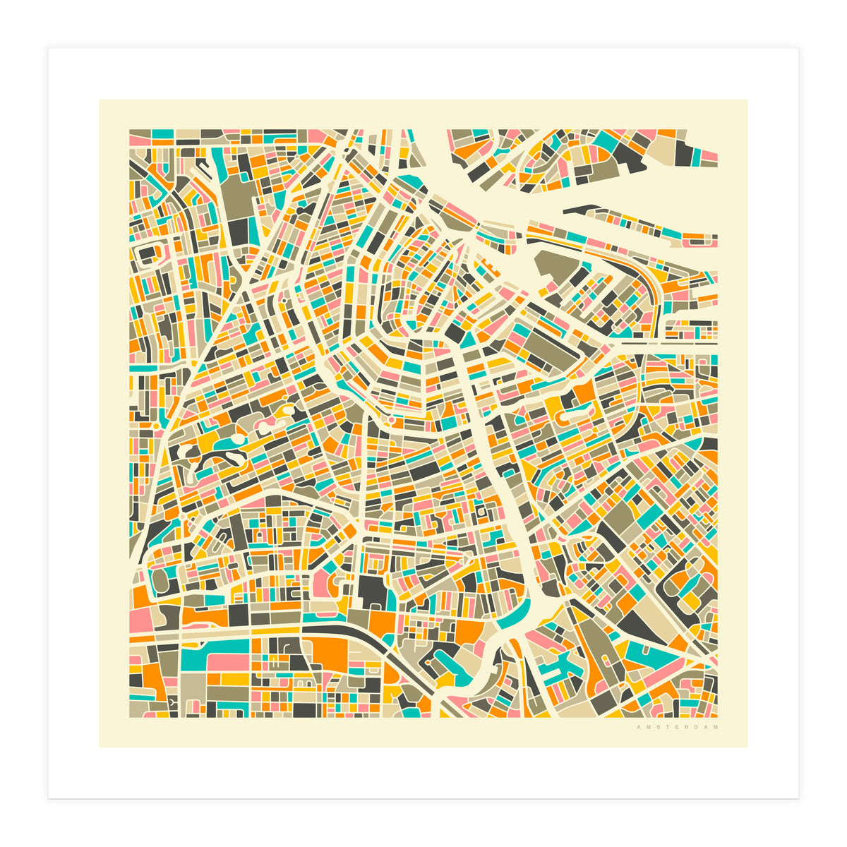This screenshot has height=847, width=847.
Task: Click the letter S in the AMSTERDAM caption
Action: click(654, 727)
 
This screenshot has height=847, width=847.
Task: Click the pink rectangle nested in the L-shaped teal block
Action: click(227, 662)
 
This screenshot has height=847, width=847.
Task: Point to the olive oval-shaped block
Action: click(160, 581)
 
